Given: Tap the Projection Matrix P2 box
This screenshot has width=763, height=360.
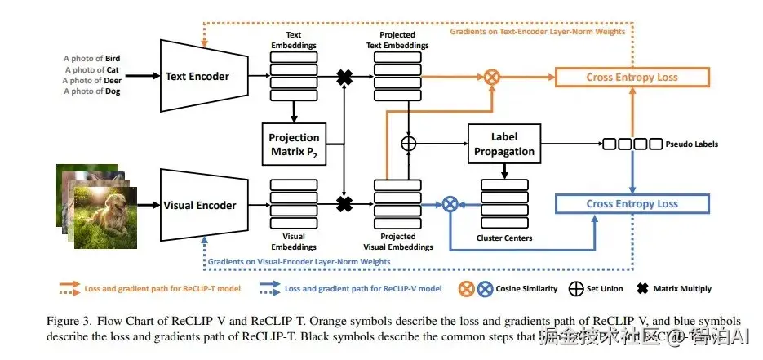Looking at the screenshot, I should coord(294,144).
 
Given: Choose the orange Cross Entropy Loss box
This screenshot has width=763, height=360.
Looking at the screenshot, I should coord(632,78).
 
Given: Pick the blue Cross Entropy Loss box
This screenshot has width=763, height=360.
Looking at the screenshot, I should coord(632,203).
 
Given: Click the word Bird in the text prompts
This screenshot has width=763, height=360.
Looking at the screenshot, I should coord(113,59).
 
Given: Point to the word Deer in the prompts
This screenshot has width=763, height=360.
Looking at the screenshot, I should coord(113,80).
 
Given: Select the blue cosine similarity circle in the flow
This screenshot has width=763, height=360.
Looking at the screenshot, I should coord(448,204).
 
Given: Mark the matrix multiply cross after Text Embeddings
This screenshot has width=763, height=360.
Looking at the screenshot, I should coord(344,78).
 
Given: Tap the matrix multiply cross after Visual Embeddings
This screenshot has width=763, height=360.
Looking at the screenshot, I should coord(344,203).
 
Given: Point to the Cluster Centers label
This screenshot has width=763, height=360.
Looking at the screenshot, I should coord(503,238).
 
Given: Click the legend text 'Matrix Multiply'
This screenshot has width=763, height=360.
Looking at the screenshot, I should coord(682,288).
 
